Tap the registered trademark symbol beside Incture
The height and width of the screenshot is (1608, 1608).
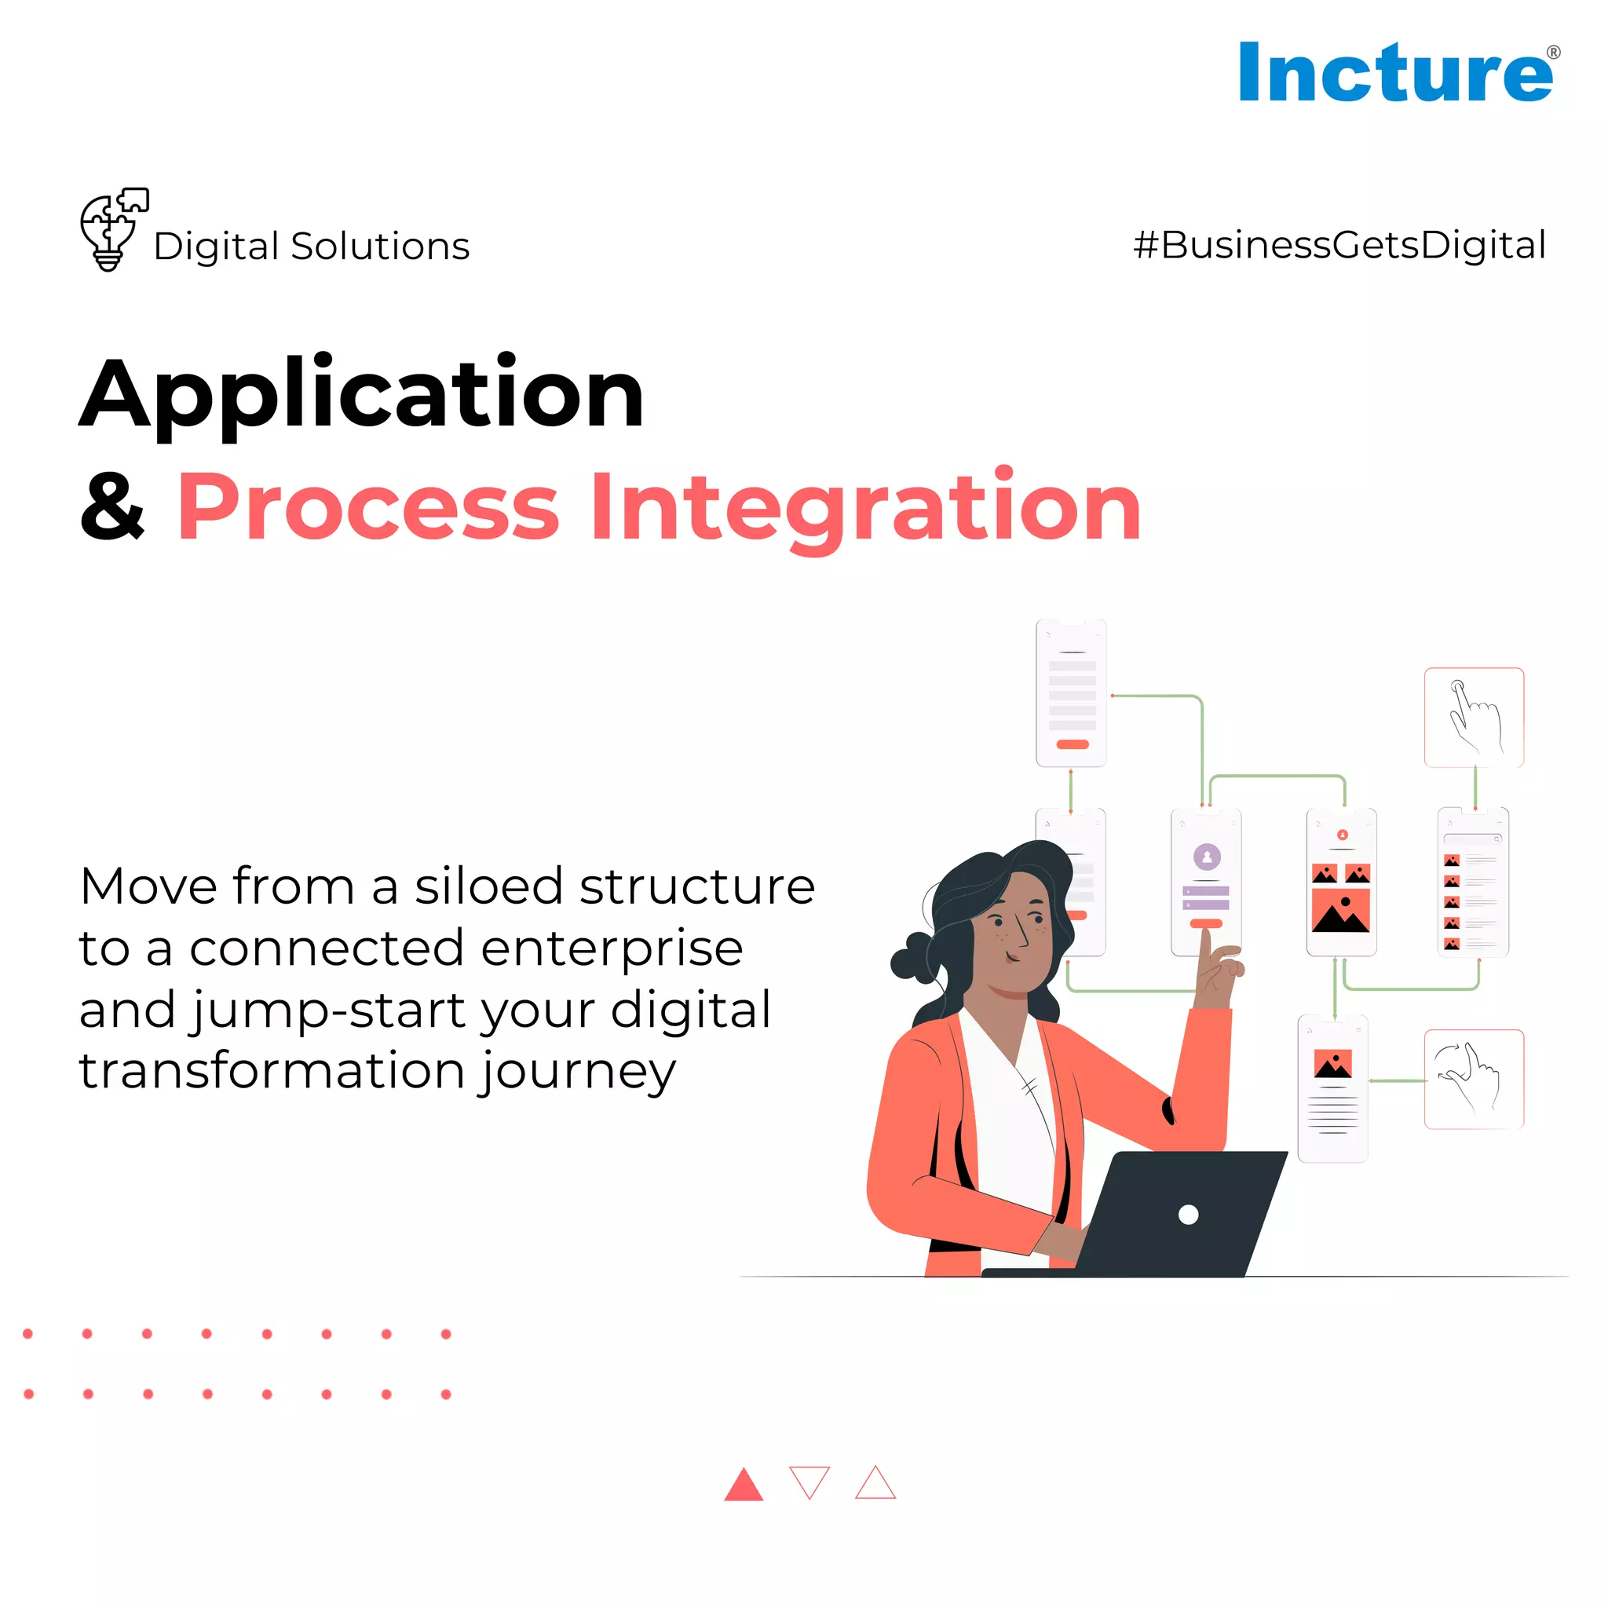click(x=1553, y=53)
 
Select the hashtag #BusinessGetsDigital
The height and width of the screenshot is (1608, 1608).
click(x=1339, y=246)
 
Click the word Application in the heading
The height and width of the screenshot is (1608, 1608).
click(x=362, y=393)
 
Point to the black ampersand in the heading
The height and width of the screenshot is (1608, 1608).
click(x=112, y=506)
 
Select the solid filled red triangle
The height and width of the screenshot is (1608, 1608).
click(x=744, y=1486)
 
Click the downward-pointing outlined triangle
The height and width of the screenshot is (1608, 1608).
click(x=809, y=1482)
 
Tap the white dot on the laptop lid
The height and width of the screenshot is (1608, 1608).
click(x=1189, y=1215)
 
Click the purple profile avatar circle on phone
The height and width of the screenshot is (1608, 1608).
click(x=1207, y=857)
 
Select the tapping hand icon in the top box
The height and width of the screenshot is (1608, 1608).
click(x=1473, y=718)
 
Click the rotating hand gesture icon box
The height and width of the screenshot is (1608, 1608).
click(x=1473, y=1079)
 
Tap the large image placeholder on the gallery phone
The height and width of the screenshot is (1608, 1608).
click(x=1340, y=912)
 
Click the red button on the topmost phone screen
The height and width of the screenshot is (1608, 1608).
click(x=1072, y=744)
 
